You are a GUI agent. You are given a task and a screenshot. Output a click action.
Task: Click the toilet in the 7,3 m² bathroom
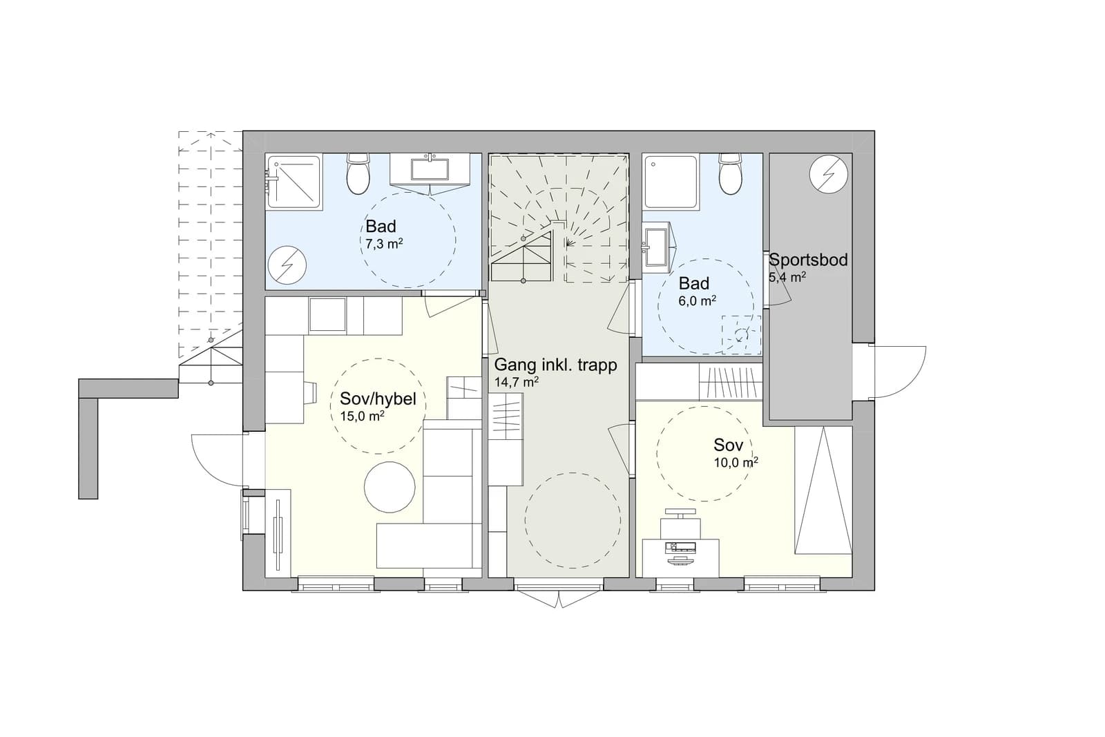[358, 173]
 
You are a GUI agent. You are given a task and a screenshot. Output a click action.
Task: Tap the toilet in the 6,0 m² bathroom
[731, 173]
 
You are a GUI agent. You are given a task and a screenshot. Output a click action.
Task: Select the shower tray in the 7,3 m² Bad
[294, 182]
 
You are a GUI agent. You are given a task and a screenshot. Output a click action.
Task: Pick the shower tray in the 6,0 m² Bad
[671, 182]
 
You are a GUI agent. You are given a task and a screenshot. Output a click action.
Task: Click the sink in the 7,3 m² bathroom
[430, 169]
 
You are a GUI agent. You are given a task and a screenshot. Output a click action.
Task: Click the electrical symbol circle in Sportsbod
[829, 174]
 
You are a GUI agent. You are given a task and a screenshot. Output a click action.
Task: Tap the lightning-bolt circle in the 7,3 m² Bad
[287, 265]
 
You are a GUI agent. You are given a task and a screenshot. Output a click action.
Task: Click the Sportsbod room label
[808, 260]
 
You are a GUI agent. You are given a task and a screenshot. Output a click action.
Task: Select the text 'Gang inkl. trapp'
[555, 365]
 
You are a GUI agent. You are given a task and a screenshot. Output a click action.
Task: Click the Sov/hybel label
[378, 399]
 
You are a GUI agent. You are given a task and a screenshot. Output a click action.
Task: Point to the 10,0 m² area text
[736, 462]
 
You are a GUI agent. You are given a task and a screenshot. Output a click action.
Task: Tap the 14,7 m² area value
[516, 381]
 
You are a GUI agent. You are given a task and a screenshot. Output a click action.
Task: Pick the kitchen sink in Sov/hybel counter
[327, 315]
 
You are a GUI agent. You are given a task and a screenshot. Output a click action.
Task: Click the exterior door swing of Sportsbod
[897, 372]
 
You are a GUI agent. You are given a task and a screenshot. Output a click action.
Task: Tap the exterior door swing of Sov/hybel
[217, 461]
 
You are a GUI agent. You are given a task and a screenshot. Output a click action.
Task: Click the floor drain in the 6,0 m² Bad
[740, 336]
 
